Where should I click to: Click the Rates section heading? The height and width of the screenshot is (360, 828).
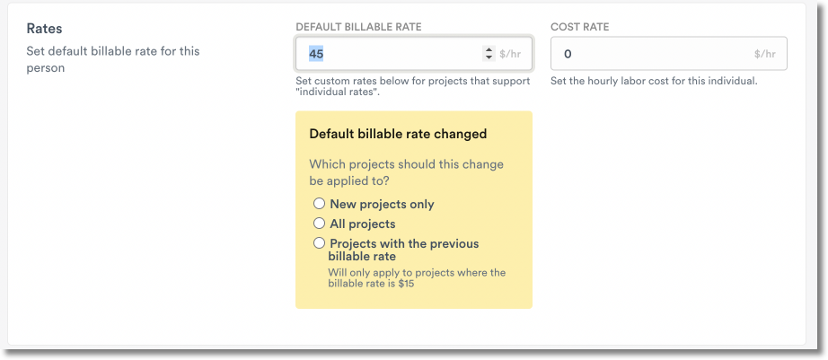44,29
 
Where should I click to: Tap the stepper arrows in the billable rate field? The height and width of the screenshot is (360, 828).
489,54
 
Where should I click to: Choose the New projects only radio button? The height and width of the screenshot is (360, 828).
319,204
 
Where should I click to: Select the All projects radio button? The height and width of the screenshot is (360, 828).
319,224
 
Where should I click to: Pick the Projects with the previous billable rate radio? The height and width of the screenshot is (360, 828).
319,243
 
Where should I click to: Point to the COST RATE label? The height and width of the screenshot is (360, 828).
579,27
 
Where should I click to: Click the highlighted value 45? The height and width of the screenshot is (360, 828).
316,54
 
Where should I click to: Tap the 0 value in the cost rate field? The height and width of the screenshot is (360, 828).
567,54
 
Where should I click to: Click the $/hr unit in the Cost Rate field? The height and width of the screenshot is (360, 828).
766,54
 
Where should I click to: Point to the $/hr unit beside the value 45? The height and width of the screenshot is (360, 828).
510,54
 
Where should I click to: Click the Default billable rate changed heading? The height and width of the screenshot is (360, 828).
398,134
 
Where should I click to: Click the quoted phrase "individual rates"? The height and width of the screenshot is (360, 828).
338,92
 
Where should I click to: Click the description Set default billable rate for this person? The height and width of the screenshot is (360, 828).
112,59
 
